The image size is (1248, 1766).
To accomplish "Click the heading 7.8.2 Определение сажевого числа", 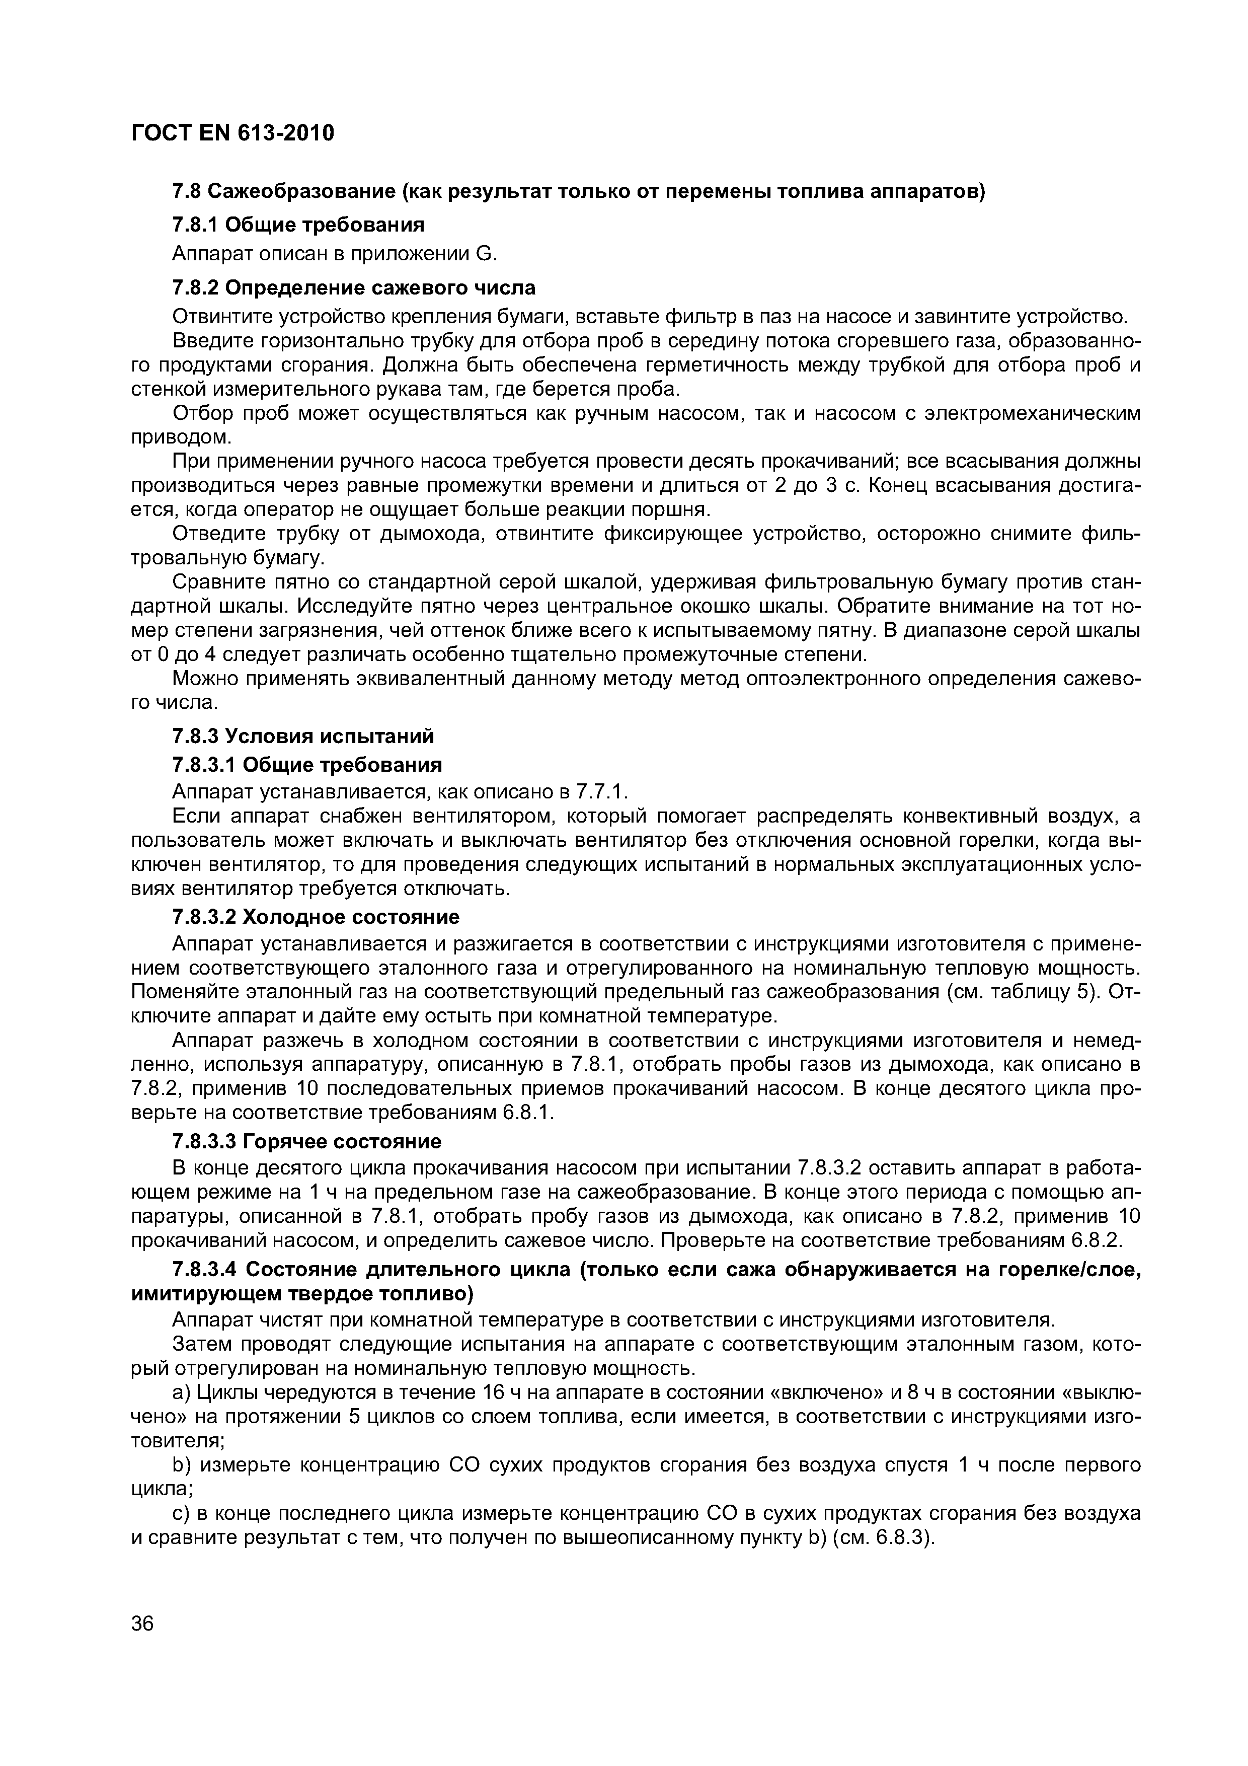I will [x=354, y=287].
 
